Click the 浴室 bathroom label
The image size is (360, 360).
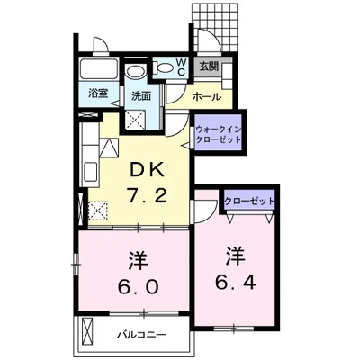(x=98, y=94)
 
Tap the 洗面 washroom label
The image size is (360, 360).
(x=141, y=96)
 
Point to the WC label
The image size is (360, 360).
(x=182, y=67)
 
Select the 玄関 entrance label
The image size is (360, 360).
(x=209, y=67)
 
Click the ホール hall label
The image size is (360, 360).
(x=207, y=96)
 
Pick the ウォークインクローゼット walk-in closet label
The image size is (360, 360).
(x=218, y=134)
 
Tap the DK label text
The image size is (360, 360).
(x=147, y=171)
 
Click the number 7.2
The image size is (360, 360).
(x=147, y=196)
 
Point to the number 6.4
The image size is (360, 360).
(x=236, y=283)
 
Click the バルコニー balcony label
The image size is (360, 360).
(x=141, y=334)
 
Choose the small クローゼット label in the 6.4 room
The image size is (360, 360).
(x=249, y=201)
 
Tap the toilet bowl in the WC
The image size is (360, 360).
(x=163, y=67)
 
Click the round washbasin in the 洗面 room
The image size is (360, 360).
(x=136, y=71)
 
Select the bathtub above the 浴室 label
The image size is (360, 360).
(x=99, y=69)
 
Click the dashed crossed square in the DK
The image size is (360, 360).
(x=98, y=211)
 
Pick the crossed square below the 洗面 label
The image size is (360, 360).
(x=136, y=120)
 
